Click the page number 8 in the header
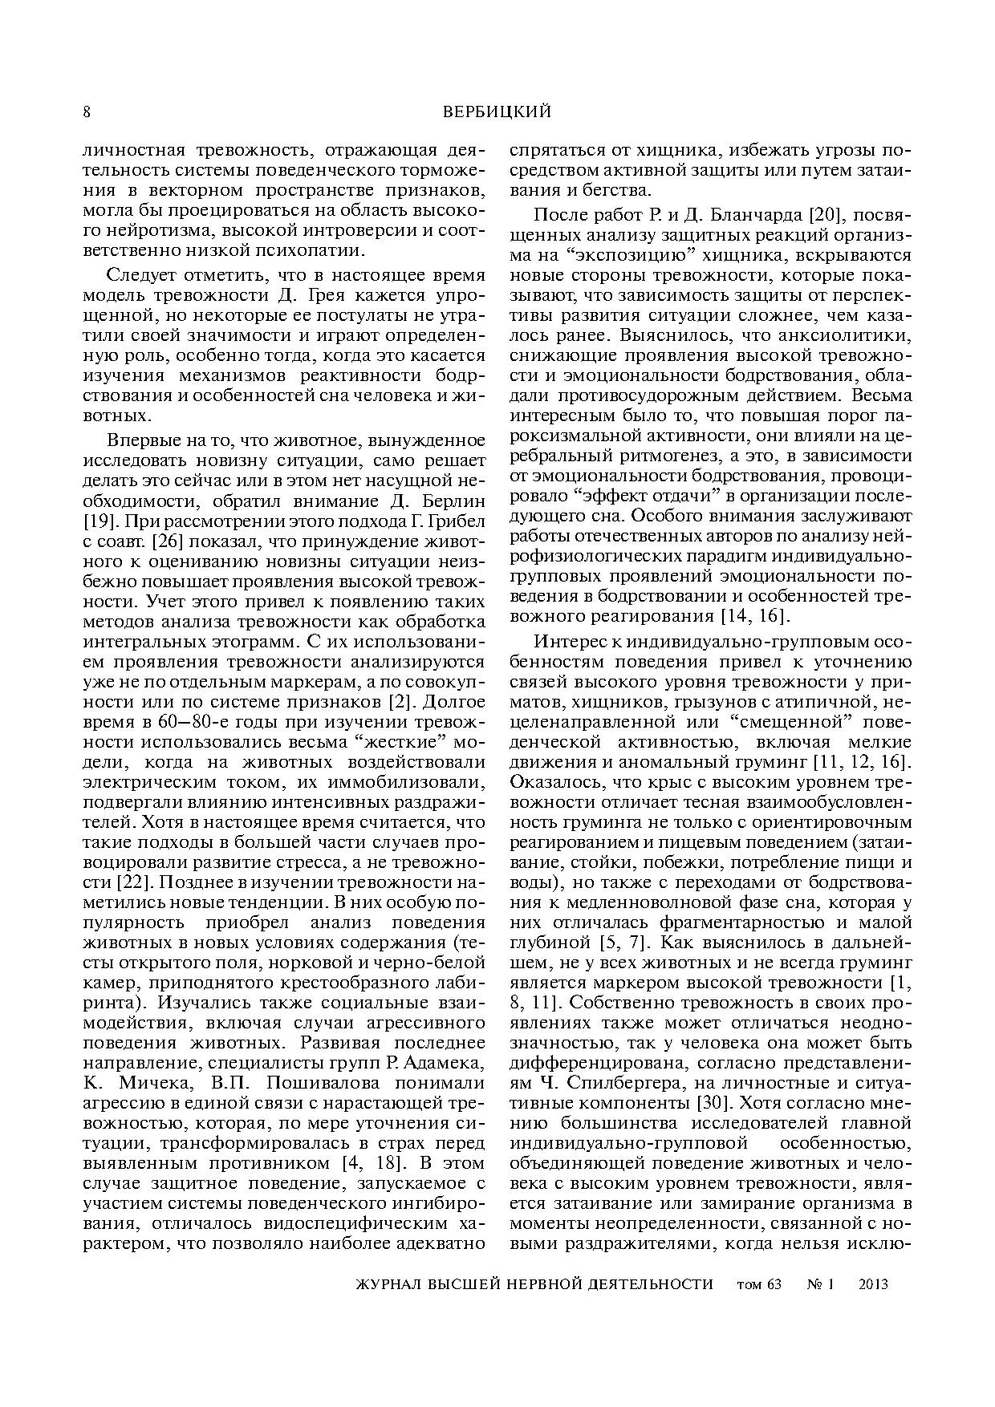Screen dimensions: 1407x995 click(x=87, y=112)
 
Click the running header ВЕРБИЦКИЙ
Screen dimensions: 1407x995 click(x=497, y=112)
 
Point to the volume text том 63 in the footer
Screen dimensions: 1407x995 click(x=757, y=1284)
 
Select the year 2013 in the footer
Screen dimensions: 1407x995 click(x=873, y=1284)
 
